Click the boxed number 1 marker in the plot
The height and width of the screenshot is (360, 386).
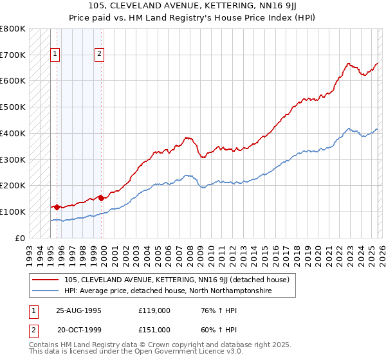56,55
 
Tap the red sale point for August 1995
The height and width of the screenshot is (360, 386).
57,207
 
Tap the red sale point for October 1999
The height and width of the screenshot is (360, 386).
101,198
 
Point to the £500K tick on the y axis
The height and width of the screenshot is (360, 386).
13,107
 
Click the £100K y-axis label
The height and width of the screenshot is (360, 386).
13,212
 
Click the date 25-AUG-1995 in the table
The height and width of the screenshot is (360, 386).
78,310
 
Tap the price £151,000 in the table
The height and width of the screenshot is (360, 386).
154,330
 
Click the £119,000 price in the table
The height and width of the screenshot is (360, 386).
154,310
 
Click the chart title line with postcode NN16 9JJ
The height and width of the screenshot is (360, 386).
193,6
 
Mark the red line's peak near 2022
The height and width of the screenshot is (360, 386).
348,64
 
